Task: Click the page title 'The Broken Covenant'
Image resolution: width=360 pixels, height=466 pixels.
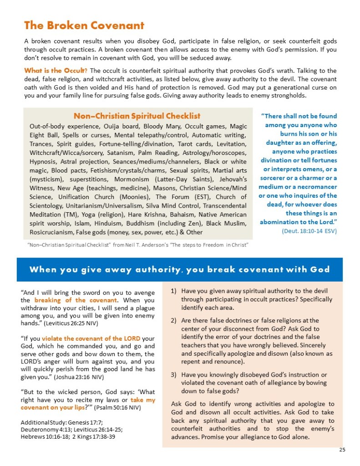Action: (x=84, y=25)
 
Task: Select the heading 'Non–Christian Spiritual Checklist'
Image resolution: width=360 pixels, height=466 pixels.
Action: (x=137, y=116)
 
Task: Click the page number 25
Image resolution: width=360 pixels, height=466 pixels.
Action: (x=342, y=450)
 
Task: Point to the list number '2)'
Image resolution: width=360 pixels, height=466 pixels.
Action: (x=174, y=320)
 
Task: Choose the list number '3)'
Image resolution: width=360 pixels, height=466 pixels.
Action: (x=174, y=374)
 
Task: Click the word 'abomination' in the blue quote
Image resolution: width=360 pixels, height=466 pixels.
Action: (x=281, y=222)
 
